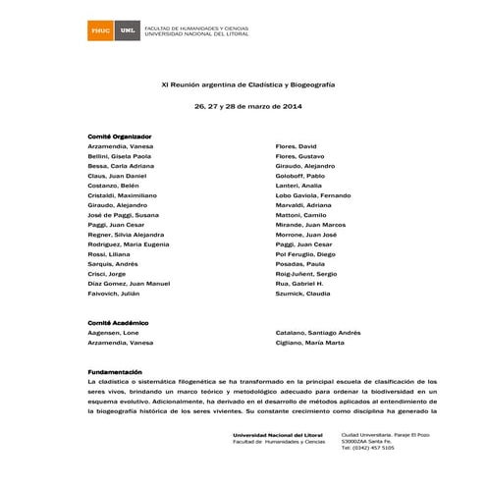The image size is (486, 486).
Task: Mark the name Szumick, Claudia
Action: tap(303, 293)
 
